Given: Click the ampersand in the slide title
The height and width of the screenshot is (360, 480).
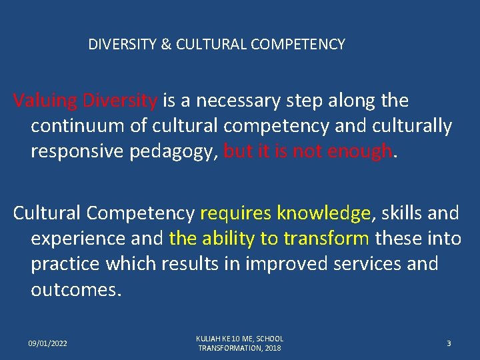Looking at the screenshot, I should coord(166,45).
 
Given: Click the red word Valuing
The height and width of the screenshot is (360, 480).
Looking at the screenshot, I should coord(45,101).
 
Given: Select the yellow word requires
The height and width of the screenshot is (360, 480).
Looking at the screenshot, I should coord(236,213).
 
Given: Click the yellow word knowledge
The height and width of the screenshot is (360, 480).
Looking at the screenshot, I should coord(323,213).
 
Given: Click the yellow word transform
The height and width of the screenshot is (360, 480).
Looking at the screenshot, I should coord(326,238).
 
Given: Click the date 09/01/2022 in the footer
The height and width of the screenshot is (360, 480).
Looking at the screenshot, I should coord(47,343).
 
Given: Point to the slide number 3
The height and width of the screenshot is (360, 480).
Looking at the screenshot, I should coord(449,343).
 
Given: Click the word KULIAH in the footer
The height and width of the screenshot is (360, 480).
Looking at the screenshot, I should coord(209,339).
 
